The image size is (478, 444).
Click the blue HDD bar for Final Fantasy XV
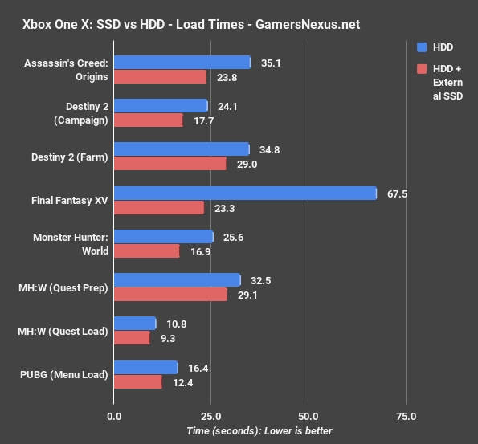pyautogui.click(x=245, y=193)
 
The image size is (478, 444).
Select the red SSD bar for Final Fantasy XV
pyautogui.click(x=159, y=207)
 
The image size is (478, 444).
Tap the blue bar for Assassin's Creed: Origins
pyautogui.click(x=182, y=63)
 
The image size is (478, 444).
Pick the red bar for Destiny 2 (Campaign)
pyautogui.click(x=148, y=120)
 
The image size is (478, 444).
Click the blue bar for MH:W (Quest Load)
pyautogui.click(x=135, y=323)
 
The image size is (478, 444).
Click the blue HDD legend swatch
pyautogui.click(x=423, y=47)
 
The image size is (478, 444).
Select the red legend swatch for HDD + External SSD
pyautogui.click(x=423, y=70)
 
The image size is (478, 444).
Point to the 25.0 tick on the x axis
pyautogui.click(x=211, y=417)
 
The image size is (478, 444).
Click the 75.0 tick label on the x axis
pyautogui.click(x=406, y=417)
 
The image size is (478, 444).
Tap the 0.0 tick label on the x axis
pyautogui.click(x=114, y=417)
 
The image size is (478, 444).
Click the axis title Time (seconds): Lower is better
pyautogui.click(x=259, y=431)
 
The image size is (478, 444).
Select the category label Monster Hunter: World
pyautogui.click(x=70, y=243)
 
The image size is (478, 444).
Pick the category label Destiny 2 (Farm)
pyautogui.click(x=69, y=157)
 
